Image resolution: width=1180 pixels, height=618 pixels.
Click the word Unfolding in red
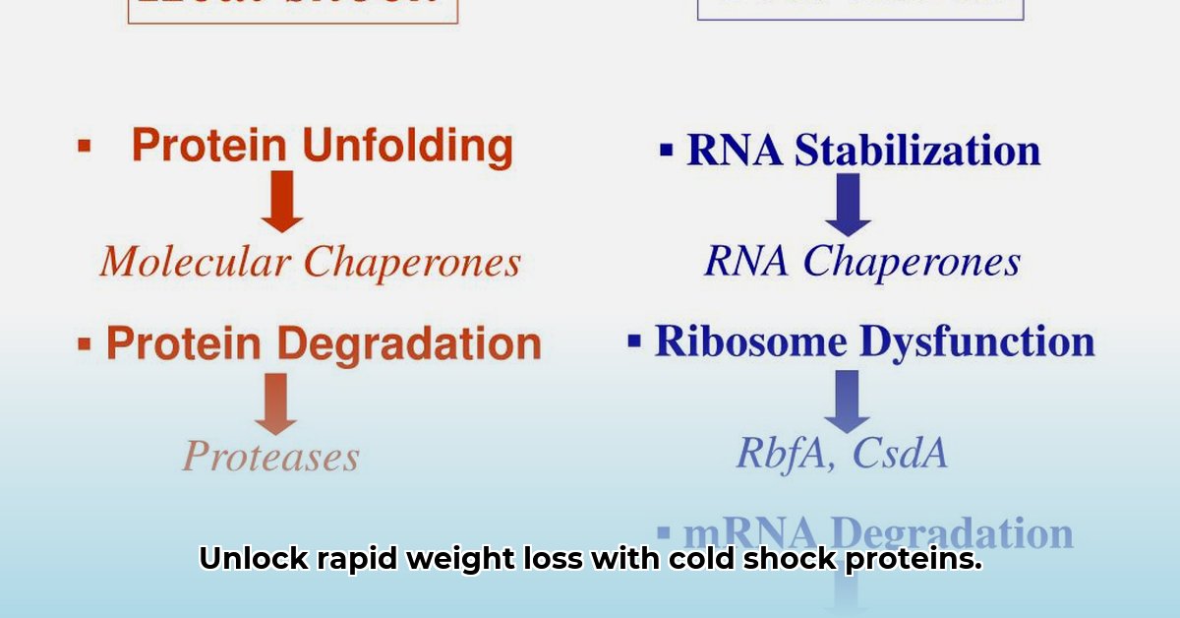[407, 147]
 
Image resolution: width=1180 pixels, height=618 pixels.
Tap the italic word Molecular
[195, 262]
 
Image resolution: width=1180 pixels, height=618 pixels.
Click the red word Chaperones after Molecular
[412, 262]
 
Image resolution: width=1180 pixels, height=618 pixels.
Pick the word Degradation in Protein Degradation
[408, 344]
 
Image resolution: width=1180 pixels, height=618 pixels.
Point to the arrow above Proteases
[275, 402]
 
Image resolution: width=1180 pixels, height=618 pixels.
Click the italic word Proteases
[271, 457]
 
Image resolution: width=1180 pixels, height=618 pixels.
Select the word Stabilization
[917, 151]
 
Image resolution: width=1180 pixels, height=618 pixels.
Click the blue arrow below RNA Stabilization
[848, 204]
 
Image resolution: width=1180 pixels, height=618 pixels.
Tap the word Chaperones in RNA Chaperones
[912, 262]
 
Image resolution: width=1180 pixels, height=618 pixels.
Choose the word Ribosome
[750, 341]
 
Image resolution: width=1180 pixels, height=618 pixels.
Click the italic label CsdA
[899, 454]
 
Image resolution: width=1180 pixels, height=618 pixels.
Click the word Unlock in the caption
[241, 559]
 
